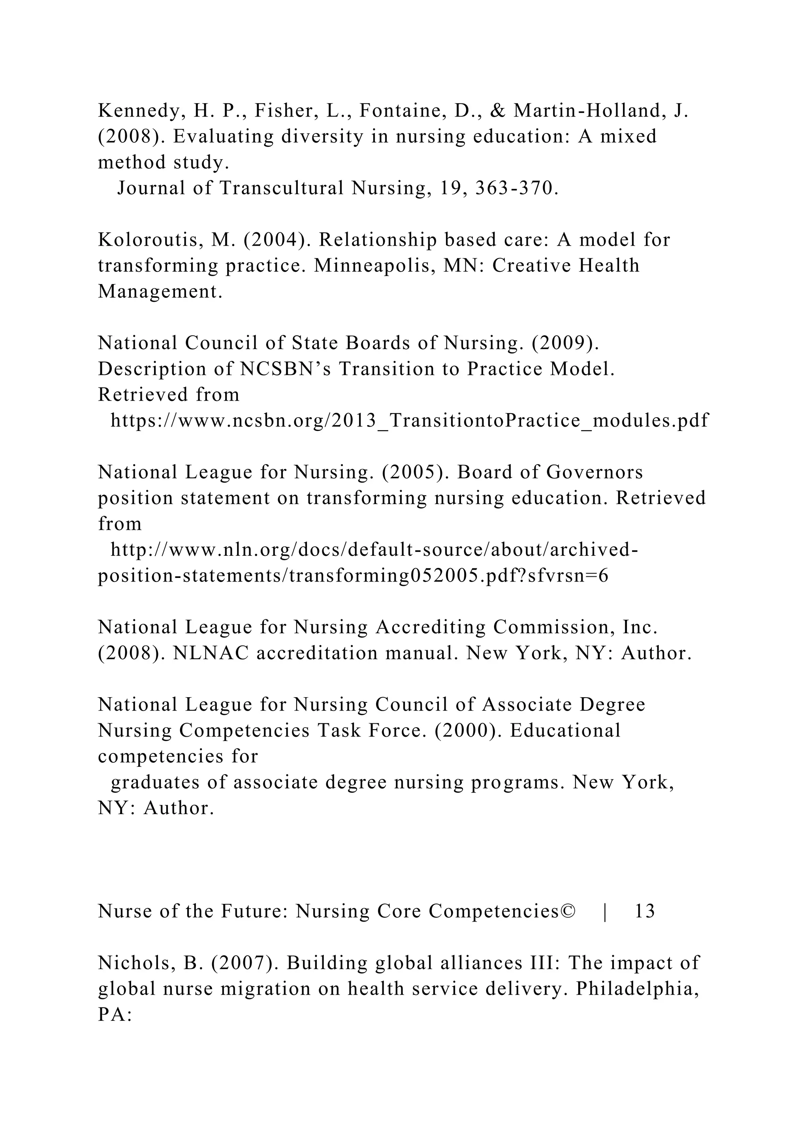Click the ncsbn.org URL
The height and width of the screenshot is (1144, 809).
(x=408, y=421)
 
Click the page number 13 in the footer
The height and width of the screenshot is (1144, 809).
(x=645, y=911)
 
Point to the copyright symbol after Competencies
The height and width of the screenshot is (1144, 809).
(x=567, y=911)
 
